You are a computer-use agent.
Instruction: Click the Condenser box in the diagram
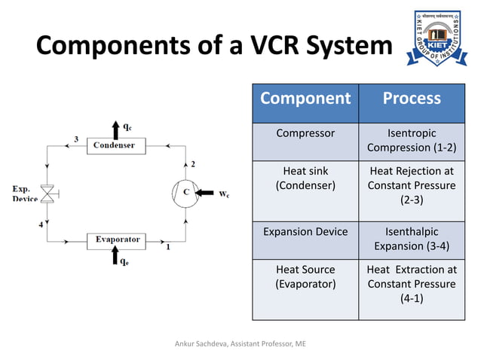(x=115, y=145)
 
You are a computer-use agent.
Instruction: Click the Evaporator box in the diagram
(x=117, y=239)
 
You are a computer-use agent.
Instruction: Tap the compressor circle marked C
(x=185, y=192)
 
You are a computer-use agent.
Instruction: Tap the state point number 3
(x=75, y=139)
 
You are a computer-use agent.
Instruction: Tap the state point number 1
(x=167, y=246)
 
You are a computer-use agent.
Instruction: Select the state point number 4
(x=40, y=225)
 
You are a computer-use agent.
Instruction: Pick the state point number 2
(x=192, y=163)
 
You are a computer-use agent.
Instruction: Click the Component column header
(x=305, y=99)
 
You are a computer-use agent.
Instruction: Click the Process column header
(x=411, y=99)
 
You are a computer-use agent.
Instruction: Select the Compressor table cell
(x=305, y=133)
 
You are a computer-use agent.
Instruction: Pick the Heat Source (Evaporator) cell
(x=305, y=276)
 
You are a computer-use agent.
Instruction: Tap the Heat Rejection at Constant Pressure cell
(x=411, y=185)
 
